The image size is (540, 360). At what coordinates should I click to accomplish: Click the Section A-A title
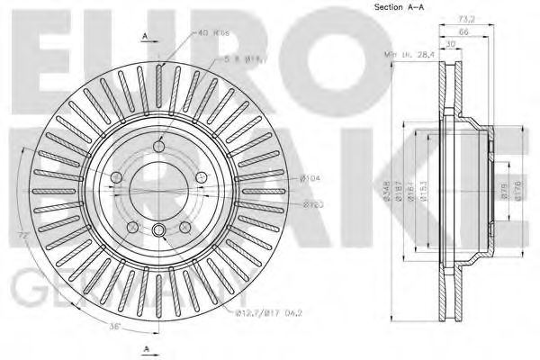coord(399,8)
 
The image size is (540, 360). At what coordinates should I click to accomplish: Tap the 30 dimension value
coord(449,42)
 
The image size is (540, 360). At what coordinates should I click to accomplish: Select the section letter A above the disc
coord(145,35)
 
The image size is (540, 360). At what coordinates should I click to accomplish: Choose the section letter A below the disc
coord(145,346)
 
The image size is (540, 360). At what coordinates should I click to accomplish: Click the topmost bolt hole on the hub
coord(158,146)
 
